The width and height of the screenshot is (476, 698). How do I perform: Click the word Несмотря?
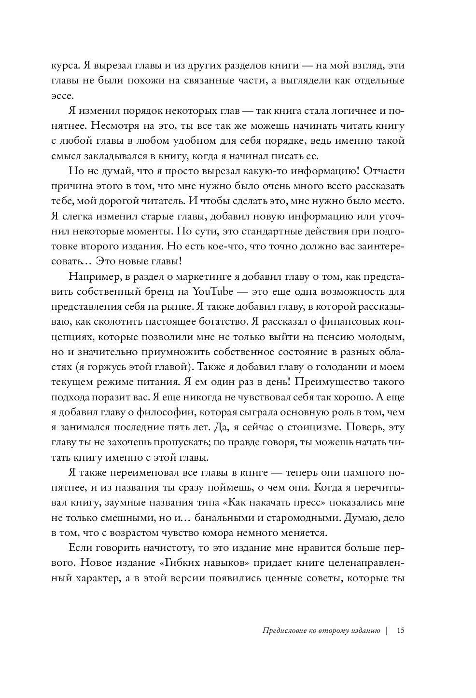pyautogui.click(x=118, y=127)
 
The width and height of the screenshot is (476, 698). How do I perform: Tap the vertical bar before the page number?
pyautogui.click(x=387, y=630)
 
